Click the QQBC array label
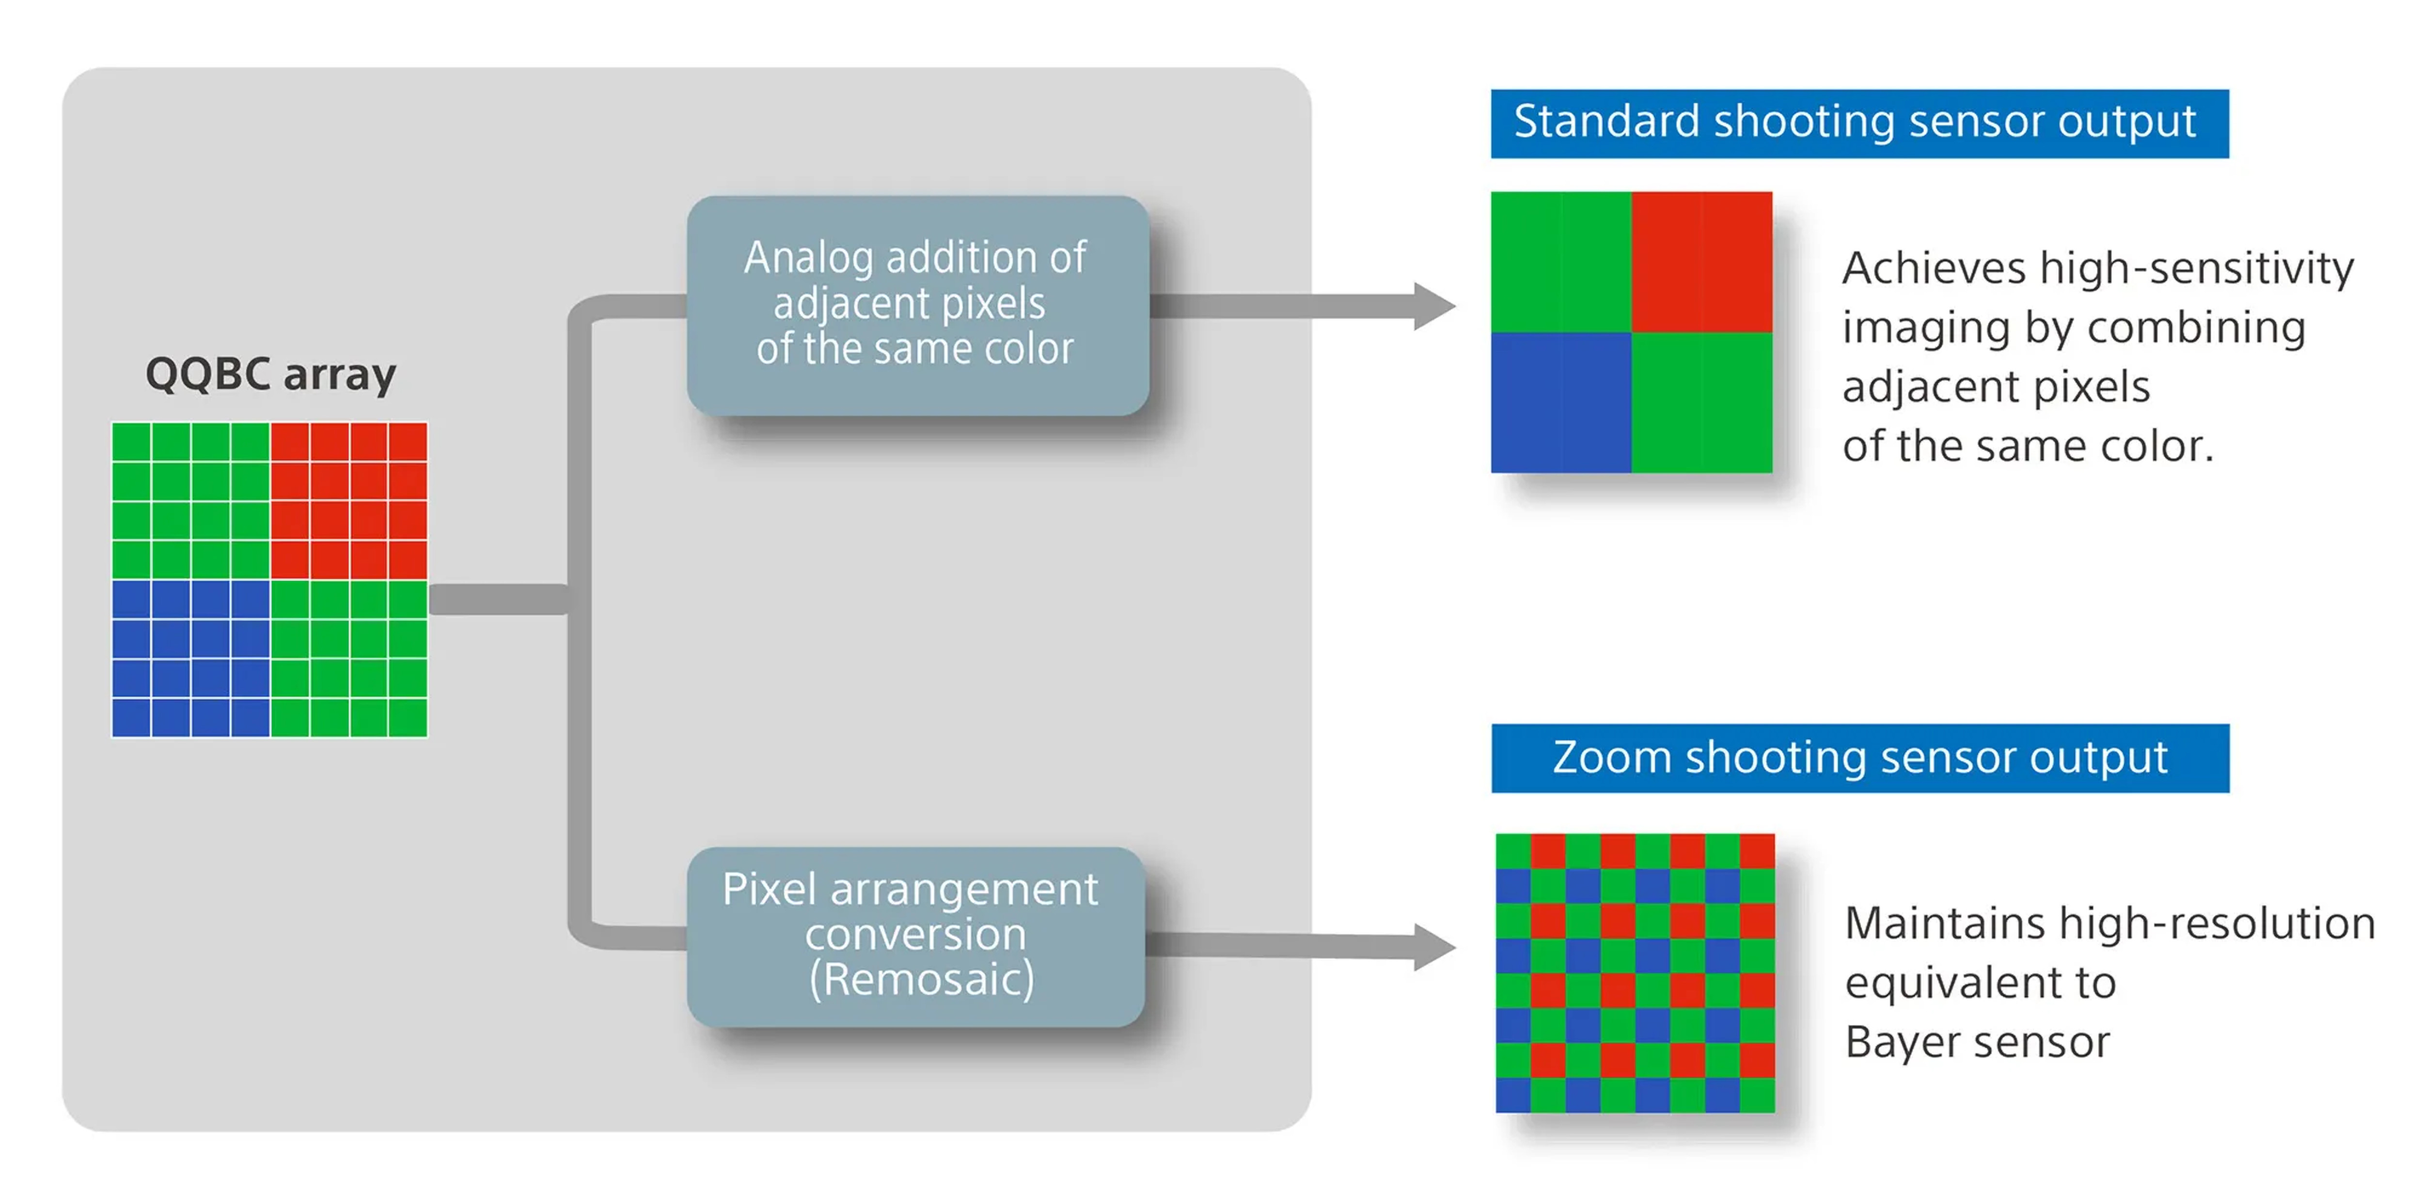(271, 375)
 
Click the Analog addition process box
(917, 305)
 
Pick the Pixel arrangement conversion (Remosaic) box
(915, 936)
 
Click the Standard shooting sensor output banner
(1858, 123)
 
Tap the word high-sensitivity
(2196, 269)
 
